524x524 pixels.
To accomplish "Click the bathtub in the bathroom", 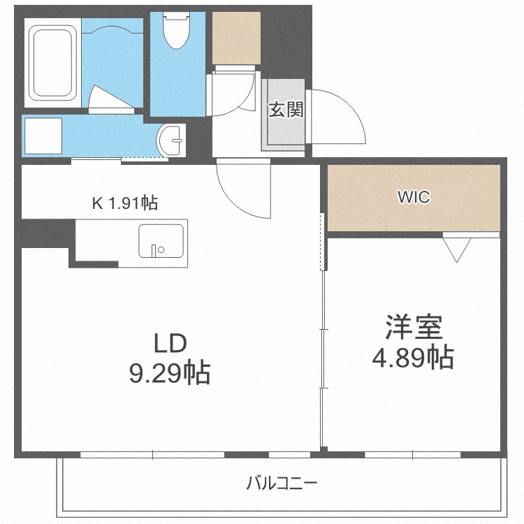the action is pyautogui.click(x=52, y=63).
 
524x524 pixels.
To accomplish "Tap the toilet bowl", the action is pyautogui.click(x=177, y=30).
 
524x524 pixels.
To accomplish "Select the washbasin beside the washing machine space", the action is pyautogui.click(x=171, y=140).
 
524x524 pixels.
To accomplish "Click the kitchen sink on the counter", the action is pyautogui.click(x=161, y=241).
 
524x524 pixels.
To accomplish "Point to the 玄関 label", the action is pyautogui.click(x=286, y=110).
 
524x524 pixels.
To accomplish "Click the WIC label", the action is pyautogui.click(x=414, y=197).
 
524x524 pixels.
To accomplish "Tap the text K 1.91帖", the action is pyautogui.click(x=125, y=203).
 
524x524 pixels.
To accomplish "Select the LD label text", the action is pyautogui.click(x=170, y=344).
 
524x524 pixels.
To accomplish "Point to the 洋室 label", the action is pyautogui.click(x=414, y=327).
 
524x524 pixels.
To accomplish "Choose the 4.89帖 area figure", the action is pyautogui.click(x=413, y=357).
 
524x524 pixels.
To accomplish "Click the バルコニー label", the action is pyautogui.click(x=282, y=483).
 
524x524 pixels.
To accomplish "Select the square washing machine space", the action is pyautogui.click(x=43, y=136).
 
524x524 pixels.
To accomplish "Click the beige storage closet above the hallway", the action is pyautogui.click(x=236, y=38).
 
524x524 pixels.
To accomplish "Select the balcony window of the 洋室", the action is pyautogui.click(x=413, y=455).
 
